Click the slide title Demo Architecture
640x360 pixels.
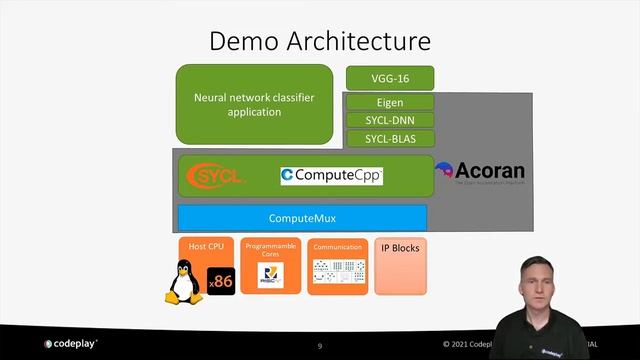click(x=320, y=41)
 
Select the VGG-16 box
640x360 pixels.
click(x=390, y=77)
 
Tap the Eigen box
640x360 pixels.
click(x=390, y=102)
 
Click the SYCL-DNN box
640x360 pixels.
click(x=390, y=120)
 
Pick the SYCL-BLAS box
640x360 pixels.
click(x=390, y=138)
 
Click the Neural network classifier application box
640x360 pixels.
click(x=253, y=104)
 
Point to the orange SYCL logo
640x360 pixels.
click(x=217, y=176)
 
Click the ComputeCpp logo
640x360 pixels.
click(x=331, y=176)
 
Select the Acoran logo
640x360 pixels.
click(x=480, y=172)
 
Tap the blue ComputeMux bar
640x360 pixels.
click(x=302, y=218)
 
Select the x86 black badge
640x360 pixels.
click(x=221, y=282)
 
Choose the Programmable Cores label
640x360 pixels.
click(x=270, y=250)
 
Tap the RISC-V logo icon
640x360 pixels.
click(x=270, y=277)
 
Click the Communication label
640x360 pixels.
click(x=337, y=247)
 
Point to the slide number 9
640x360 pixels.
click(x=320, y=345)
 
